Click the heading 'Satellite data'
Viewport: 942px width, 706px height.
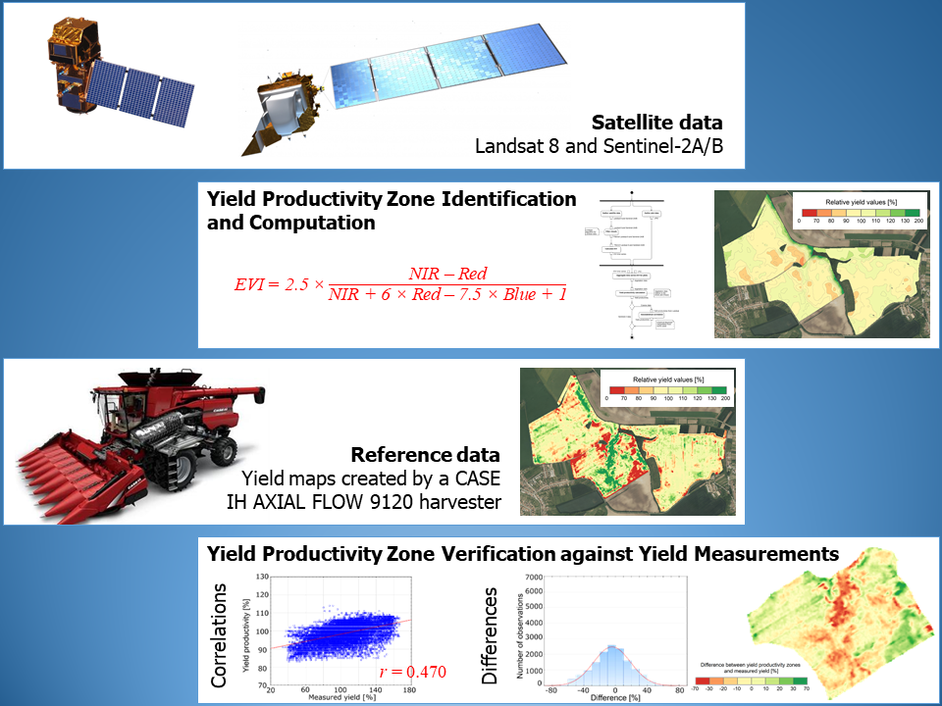[x=656, y=124]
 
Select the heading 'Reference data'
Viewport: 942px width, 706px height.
[x=425, y=456]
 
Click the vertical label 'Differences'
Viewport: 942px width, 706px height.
[x=492, y=636]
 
